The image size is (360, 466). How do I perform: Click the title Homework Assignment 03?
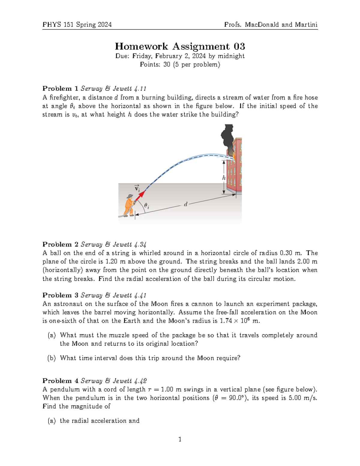coord(180,46)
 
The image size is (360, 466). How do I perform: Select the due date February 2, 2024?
coord(180,56)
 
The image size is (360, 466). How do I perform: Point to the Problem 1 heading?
coord(60,89)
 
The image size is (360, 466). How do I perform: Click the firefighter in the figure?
coord(129,206)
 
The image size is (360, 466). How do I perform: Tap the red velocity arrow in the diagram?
coord(140,195)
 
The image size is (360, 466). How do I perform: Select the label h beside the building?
coord(223,178)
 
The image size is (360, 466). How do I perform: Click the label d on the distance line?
coord(186,204)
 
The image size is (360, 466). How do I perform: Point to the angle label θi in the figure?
coord(146,206)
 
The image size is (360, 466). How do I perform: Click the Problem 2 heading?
coord(60,244)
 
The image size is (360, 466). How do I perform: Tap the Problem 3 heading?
coord(60,295)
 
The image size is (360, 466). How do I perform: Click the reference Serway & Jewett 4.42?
coord(114,381)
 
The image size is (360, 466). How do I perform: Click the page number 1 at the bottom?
coord(180,440)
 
